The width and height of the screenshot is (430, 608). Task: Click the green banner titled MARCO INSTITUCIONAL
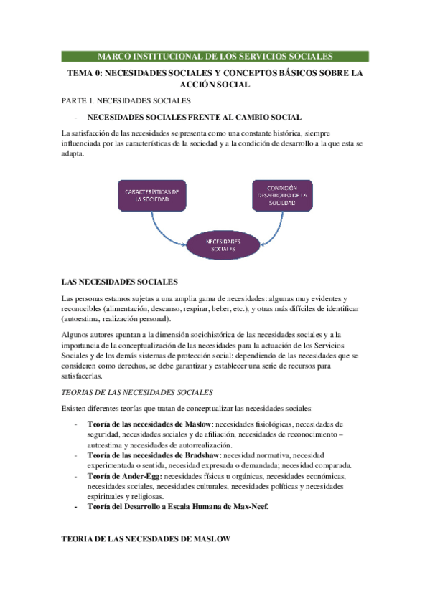coord(215,56)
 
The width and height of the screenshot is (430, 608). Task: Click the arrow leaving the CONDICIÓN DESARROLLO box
coord(274,228)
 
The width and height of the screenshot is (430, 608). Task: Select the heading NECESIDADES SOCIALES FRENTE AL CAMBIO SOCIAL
coord(194,117)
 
